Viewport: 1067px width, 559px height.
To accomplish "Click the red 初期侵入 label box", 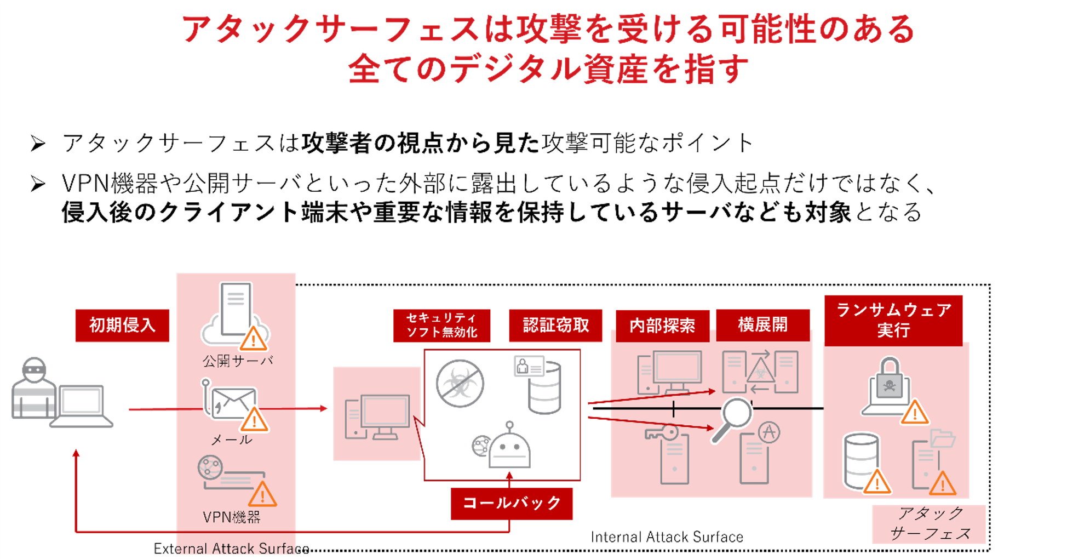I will [x=122, y=325].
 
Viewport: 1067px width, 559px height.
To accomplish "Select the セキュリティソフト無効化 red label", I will [x=441, y=325].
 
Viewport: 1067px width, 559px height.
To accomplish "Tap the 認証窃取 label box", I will [x=555, y=325].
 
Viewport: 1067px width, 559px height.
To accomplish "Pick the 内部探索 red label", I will [x=662, y=326].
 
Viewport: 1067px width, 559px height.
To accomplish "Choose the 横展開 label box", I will [x=762, y=324].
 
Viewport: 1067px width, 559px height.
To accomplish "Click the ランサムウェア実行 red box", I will [x=893, y=320].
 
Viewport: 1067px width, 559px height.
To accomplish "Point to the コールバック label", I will [x=512, y=503].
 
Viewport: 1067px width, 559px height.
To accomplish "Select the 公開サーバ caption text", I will [x=238, y=361].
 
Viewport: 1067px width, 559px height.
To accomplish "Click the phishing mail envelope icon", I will [x=233, y=403].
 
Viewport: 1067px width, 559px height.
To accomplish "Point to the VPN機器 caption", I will [x=231, y=517].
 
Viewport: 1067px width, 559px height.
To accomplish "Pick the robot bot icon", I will [x=509, y=447].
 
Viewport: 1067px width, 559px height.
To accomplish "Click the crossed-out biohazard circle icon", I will [x=460, y=383].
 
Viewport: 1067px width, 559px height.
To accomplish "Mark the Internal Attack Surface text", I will [x=667, y=537].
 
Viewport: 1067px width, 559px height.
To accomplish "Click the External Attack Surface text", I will [x=231, y=549].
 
